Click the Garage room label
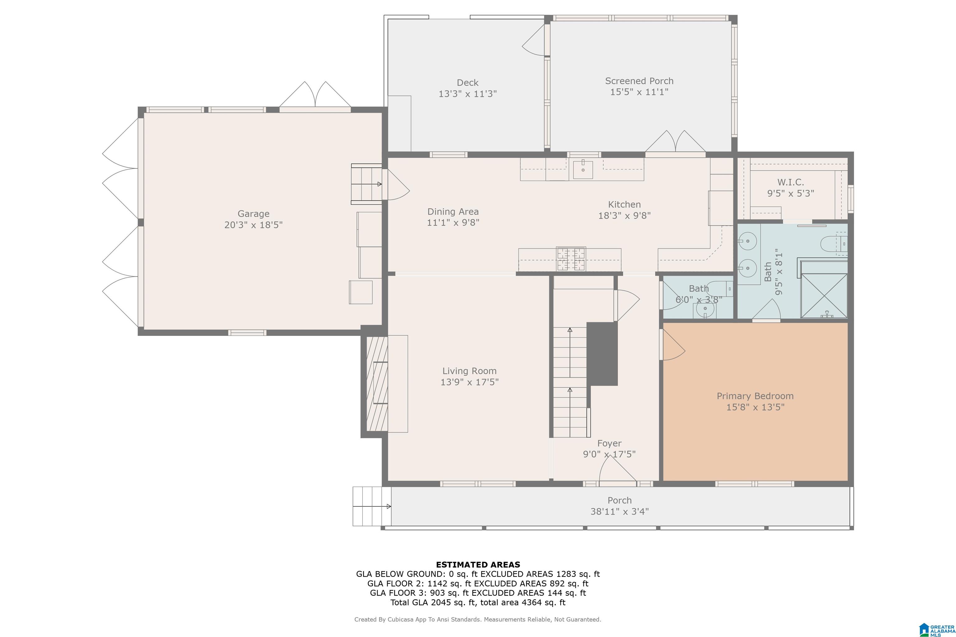click(x=253, y=214)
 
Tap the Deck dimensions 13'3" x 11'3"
click(x=467, y=94)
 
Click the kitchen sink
click(x=583, y=170)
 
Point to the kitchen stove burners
click(x=571, y=259)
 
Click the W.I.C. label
click(x=790, y=182)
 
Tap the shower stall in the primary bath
click(x=824, y=296)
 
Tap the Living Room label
click(x=470, y=371)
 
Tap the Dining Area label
click(x=453, y=212)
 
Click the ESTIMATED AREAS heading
click(x=478, y=565)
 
